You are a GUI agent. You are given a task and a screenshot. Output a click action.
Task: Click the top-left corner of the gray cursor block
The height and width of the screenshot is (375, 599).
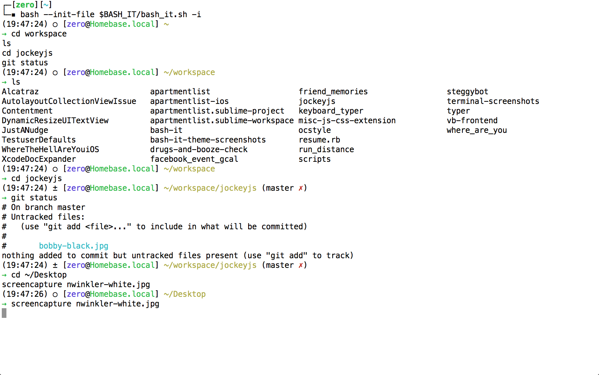[2, 309]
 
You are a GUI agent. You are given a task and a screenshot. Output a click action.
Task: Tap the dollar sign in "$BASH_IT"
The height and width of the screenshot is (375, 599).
[102, 14]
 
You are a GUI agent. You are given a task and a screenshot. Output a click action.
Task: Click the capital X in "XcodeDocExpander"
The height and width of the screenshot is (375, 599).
[4, 159]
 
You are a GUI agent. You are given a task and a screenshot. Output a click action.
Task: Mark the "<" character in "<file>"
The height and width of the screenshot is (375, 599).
[88, 227]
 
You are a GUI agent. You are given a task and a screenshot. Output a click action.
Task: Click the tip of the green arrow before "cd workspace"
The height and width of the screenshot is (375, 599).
[6, 34]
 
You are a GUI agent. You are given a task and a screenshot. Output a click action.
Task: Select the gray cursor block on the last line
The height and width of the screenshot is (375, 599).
[4, 313]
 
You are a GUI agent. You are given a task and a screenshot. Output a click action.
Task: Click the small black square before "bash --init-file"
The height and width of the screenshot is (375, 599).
[14, 15]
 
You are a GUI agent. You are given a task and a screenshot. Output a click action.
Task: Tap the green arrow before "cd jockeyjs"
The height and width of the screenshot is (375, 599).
[4, 179]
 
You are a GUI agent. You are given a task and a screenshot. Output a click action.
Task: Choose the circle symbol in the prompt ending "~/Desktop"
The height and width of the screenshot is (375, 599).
[55, 295]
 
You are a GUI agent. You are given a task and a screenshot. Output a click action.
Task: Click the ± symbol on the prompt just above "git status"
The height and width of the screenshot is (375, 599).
[55, 188]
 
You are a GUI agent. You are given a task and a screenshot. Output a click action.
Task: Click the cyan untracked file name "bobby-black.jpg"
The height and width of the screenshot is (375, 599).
[73, 246]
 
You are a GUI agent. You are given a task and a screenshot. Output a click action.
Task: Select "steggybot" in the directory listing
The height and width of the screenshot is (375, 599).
[467, 92]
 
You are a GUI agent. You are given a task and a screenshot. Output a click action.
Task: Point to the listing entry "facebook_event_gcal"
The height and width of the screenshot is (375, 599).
[194, 159]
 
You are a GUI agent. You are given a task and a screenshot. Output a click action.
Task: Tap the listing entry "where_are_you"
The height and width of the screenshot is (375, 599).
[477, 130]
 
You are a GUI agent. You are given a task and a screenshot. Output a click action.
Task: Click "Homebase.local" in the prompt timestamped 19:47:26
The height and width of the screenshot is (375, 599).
[122, 294]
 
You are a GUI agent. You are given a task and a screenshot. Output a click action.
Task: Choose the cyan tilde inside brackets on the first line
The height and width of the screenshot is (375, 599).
[46, 5]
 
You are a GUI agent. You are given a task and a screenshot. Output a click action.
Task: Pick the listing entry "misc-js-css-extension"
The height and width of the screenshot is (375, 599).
[347, 121]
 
